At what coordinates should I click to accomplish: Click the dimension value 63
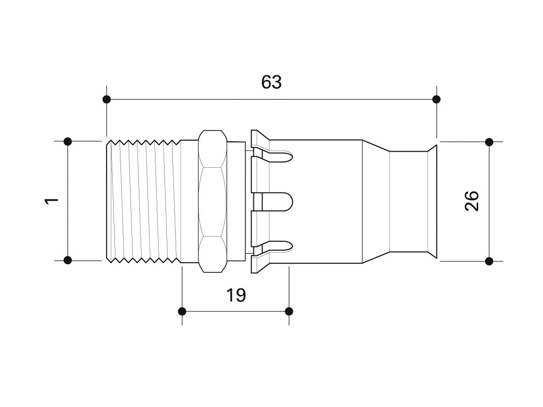point(271,82)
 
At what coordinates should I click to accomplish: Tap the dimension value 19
point(236,295)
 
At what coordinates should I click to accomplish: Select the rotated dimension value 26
point(472,201)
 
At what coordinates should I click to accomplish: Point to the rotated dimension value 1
point(52,201)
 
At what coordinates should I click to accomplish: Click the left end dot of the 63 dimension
point(107,99)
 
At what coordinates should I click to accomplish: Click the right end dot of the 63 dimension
point(436,99)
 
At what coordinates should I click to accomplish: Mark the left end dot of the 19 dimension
point(182,311)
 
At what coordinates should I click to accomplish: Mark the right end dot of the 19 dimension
point(289,311)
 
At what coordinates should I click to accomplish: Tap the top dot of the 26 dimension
point(489,142)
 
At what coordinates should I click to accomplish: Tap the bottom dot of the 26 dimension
point(489,261)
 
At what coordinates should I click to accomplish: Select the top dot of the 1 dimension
point(68,141)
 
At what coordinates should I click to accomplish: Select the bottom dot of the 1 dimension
point(68,260)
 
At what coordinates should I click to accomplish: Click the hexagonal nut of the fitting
point(212,202)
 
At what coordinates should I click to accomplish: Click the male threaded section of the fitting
point(143,201)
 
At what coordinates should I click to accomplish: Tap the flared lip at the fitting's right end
point(432,201)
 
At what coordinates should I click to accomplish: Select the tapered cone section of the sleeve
point(376,201)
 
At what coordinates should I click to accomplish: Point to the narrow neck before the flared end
point(409,201)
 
